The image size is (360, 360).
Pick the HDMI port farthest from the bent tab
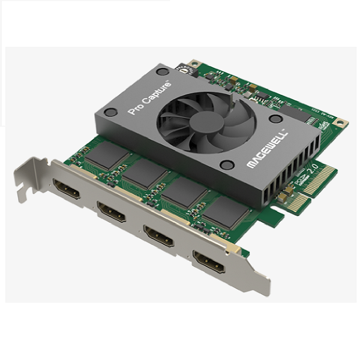tap(209, 262)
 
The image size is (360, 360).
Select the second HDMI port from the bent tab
tap(111, 211)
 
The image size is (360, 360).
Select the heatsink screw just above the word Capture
tap(161, 71)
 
